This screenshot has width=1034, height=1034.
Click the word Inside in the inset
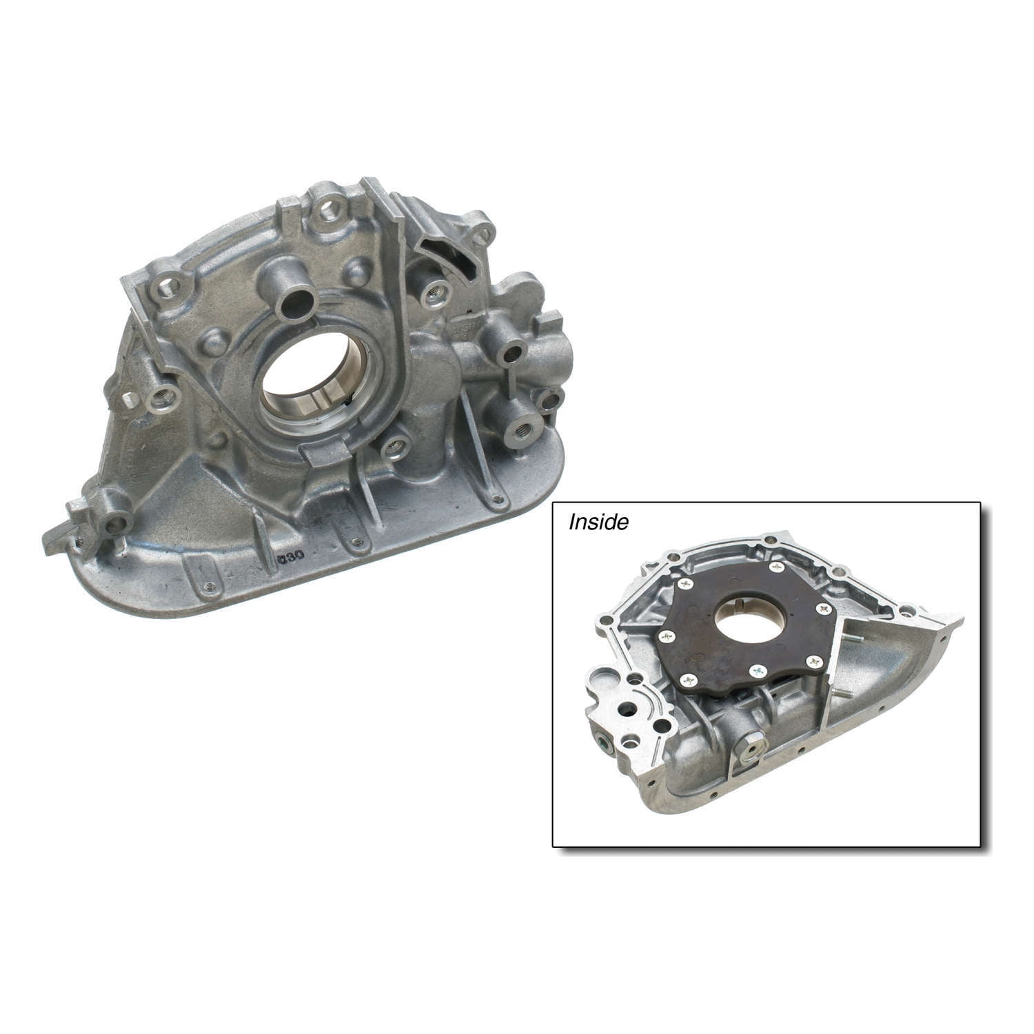pos(598,523)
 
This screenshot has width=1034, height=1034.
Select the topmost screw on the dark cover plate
pos(777,567)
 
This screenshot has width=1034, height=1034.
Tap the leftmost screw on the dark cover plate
pos(666,636)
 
